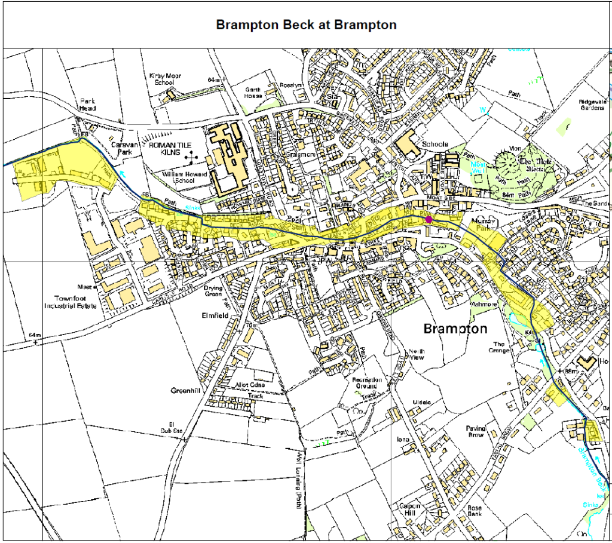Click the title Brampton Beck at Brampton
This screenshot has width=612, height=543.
305,25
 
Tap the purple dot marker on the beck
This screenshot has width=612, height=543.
429,219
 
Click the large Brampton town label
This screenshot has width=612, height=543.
455,329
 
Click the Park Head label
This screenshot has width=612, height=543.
87,105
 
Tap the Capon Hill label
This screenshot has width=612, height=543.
411,510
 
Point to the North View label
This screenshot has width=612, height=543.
416,354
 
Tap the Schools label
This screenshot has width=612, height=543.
434,145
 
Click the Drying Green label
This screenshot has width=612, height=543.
213,291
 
